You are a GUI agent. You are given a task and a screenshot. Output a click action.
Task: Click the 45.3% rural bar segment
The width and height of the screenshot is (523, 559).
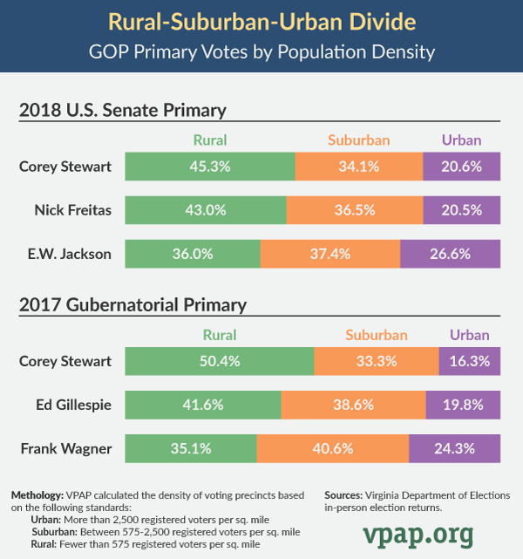pos(210,166)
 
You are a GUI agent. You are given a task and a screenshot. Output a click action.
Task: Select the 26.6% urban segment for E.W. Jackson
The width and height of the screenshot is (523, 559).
pos(450,254)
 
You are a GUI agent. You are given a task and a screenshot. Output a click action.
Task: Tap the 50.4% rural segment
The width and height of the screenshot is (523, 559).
pos(220,361)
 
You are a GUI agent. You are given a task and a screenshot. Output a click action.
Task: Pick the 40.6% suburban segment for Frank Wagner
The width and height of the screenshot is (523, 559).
pos(332,449)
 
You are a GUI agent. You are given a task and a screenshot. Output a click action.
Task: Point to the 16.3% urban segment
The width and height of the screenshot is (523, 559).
pos(470,361)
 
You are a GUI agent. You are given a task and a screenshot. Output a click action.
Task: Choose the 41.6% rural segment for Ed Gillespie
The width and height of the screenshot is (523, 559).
pos(203,405)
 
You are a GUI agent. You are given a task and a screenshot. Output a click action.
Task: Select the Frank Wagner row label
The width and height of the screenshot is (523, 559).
pos(66,449)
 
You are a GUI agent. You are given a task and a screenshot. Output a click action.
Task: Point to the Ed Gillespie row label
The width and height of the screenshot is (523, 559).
pos(76,405)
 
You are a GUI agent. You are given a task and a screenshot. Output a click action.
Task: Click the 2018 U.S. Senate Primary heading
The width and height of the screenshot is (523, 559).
pos(123,110)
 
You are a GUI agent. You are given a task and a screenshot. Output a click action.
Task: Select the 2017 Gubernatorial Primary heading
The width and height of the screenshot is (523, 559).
pos(133,305)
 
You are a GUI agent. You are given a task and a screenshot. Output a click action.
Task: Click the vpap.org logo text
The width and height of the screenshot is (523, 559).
pos(418,532)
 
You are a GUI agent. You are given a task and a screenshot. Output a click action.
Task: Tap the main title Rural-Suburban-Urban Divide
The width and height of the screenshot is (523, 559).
pos(261,20)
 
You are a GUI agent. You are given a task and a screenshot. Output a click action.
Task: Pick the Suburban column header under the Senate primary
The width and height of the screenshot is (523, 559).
pos(358,140)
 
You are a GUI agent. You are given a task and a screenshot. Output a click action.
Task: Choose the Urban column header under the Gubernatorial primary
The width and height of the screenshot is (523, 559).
pos(470,335)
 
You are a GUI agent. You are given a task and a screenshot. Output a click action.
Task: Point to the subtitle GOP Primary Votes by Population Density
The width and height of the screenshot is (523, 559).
pos(261,51)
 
